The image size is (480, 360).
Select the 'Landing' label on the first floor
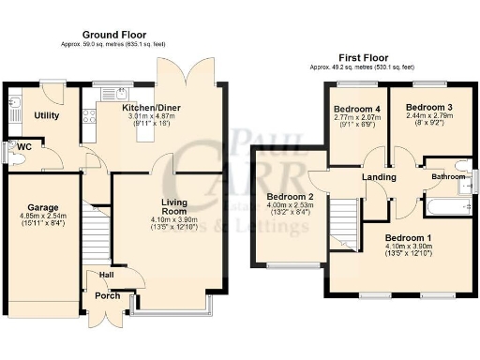[378, 177]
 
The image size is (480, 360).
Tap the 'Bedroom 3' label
[429, 108]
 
